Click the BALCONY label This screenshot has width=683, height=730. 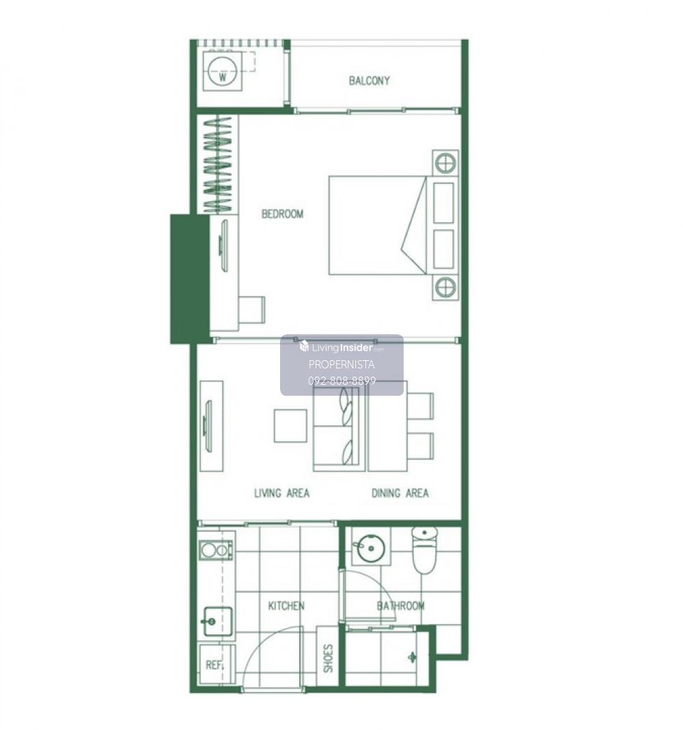coord(369,81)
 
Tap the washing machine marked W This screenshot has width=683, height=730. coord(223,72)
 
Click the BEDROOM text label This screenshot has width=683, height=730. coord(282,214)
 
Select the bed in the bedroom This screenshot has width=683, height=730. coord(377,225)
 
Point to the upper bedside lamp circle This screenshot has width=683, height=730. coord(445,163)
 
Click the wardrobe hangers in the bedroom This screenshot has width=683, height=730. coord(218,164)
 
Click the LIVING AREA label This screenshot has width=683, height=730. coord(281,493)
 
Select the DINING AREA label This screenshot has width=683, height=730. coord(400,493)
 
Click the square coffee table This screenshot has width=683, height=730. coord(290,426)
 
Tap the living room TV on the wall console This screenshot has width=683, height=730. coord(208,426)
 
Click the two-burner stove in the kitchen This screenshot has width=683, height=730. coord(217,550)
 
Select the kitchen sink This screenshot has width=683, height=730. coord(217,621)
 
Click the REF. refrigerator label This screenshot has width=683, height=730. coord(214,665)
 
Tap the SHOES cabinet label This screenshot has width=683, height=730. coord(328,658)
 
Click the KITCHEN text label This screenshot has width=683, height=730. coord(286,606)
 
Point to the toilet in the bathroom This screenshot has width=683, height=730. coord(424,550)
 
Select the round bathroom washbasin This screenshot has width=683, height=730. coord(371,548)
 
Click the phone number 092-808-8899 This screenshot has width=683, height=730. coord(342,381)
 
